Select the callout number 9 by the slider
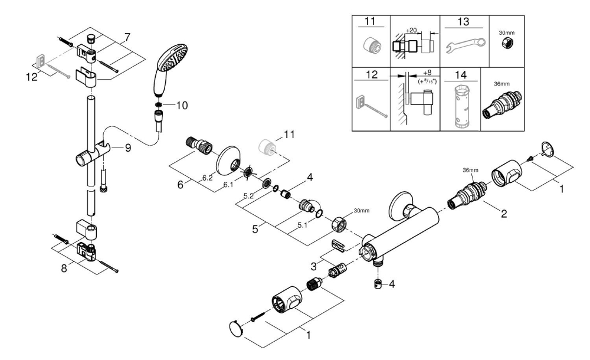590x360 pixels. (x=127, y=149)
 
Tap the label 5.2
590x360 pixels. (x=250, y=195)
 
